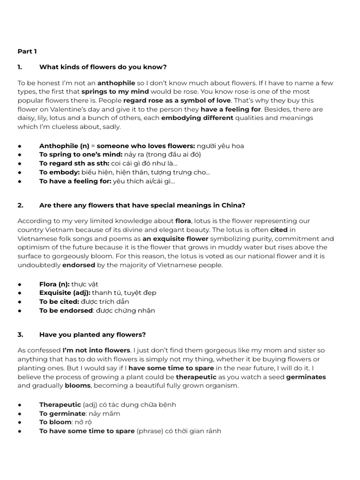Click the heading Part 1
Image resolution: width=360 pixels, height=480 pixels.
[x=27, y=51]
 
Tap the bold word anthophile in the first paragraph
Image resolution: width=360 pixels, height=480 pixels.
[x=116, y=83]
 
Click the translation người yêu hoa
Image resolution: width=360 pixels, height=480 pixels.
[x=220, y=146]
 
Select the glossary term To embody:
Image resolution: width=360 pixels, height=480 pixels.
[x=60, y=172]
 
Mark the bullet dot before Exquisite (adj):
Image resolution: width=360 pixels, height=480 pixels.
[x=20, y=293]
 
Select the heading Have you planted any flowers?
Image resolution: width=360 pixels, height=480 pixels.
[x=92, y=335]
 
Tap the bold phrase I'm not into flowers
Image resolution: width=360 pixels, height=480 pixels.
[x=97, y=350]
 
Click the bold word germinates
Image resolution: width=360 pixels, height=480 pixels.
[x=306, y=377]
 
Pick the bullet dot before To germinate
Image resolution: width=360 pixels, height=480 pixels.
[x=20, y=413]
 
